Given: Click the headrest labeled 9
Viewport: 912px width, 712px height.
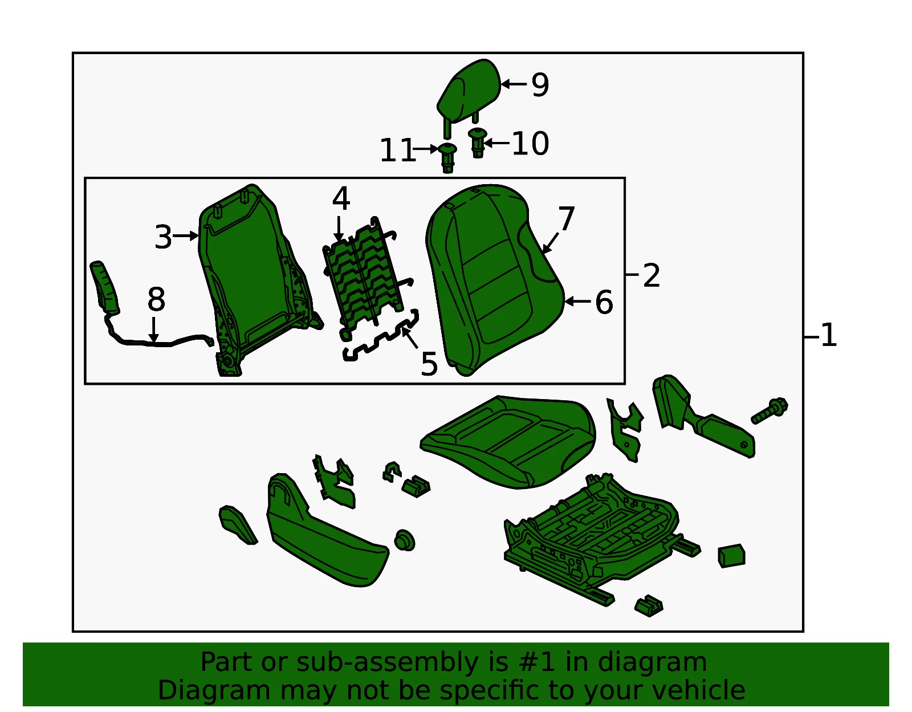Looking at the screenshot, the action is pos(468,95).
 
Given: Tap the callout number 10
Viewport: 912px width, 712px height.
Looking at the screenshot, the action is pos(531,144).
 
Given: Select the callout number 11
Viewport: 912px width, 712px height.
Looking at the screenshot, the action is pos(397,150).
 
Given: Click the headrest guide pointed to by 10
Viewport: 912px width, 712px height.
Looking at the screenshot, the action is pos(478,143).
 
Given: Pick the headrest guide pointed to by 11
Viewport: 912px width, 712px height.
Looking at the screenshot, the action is pos(448,158).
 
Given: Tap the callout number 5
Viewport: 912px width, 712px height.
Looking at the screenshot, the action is pos(429,364).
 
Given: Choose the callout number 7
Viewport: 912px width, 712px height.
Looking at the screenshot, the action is pos(567,218).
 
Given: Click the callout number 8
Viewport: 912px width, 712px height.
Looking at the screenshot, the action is pos(156,300).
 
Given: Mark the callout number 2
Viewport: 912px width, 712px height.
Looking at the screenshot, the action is pos(652,276).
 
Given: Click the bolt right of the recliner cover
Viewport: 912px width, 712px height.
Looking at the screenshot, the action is pos(769,410).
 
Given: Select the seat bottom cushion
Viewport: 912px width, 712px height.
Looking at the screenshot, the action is pos(508,442).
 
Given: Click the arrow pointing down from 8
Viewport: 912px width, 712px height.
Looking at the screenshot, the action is pos(154,329).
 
